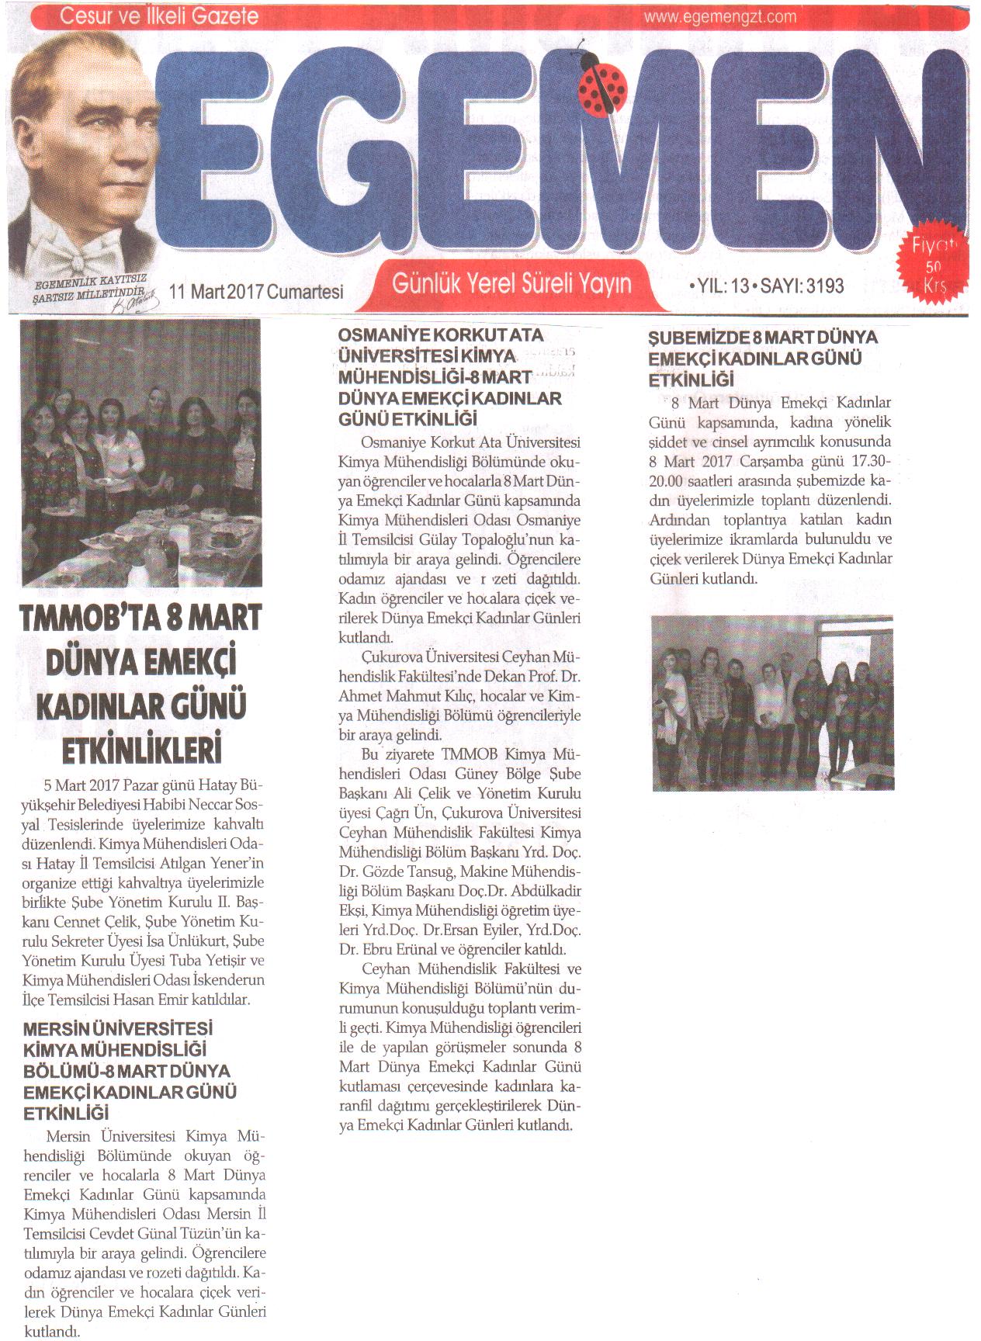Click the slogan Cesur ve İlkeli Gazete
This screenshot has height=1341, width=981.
click(158, 16)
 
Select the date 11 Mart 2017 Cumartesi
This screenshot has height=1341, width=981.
click(256, 291)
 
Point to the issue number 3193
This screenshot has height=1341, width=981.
click(825, 286)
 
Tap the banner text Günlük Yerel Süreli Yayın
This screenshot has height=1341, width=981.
click(511, 283)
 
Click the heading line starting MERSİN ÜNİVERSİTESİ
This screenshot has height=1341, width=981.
click(118, 1029)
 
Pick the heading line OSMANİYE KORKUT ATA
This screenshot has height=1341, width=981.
click(441, 335)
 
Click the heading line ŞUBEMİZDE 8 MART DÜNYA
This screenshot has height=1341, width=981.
click(763, 338)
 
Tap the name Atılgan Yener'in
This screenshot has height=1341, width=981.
click(213, 864)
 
